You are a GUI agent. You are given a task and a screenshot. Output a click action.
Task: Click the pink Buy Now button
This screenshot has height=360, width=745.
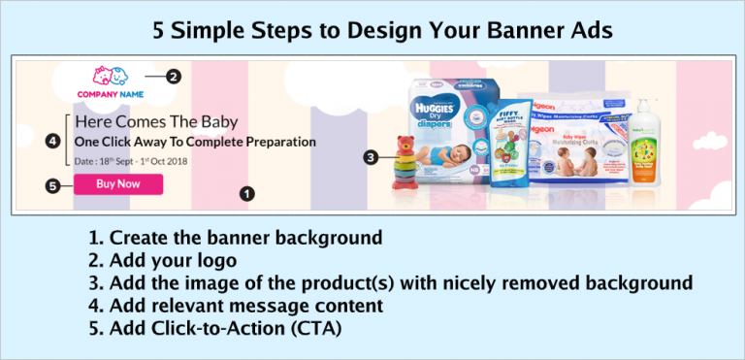click(x=117, y=183)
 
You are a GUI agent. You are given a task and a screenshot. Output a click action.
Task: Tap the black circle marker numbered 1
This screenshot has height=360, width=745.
click(x=247, y=193)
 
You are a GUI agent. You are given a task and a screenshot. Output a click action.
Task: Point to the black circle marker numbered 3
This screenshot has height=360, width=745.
click(x=371, y=156)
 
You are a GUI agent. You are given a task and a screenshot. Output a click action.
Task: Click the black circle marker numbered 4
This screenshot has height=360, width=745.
click(x=51, y=141)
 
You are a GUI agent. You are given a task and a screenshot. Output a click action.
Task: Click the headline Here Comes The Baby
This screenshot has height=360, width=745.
click(x=156, y=123)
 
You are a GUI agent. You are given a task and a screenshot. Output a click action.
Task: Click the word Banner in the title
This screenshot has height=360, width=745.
click(x=505, y=31)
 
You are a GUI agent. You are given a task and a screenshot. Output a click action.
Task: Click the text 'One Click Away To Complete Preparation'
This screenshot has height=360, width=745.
click(x=195, y=142)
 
